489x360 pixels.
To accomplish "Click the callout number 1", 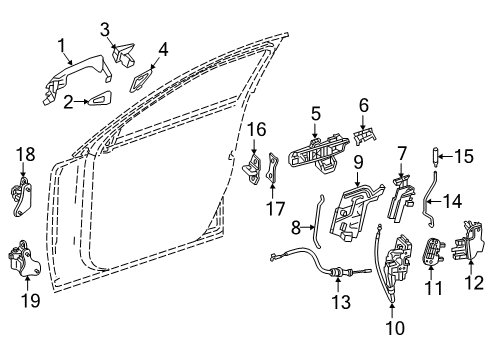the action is click(x=62, y=46).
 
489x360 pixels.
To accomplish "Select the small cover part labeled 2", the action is click(x=100, y=99).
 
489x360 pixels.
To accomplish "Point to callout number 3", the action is click(x=105, y=30).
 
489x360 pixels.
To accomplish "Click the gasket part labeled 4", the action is click(x=142, y=80).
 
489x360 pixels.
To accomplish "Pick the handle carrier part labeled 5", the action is click(x=320, y=154).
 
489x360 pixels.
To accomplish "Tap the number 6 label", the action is click(x=364, y=105).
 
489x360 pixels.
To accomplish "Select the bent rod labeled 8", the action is click(x=316, y=223).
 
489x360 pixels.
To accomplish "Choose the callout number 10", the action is click(x=395, y=328).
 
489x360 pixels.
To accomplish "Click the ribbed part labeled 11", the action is click(x=432, y=252).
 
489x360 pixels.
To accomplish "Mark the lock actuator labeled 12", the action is click(x=467, y=240).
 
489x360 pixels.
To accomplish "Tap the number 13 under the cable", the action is click(x=341, y=302).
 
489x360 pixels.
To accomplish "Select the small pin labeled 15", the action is click(x=436, y=156).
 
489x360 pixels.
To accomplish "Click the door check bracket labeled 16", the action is click(x=252, y=169).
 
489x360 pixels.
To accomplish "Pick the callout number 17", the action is click(x=275, y=210).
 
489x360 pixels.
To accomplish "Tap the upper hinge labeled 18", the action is click(x=22, y=197).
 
